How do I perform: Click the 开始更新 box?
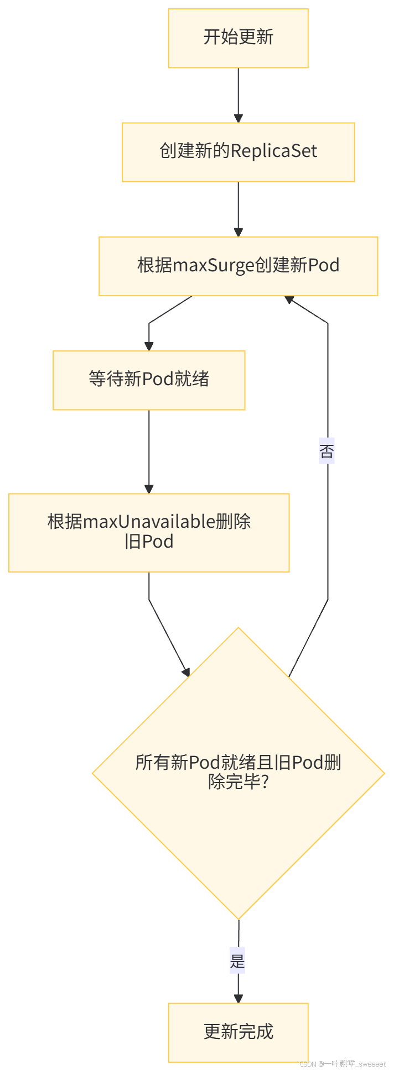tap(238, 38)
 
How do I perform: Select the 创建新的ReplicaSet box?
tap(238, 152)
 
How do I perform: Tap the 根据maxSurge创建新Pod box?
tap(238, 266)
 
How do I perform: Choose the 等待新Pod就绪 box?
tap(149, 380)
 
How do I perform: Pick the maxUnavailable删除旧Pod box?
tap(149, 532)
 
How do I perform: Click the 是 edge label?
tap(237, 962)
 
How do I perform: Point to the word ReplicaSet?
tap(273, 151)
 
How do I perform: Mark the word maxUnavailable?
tap(148, 522)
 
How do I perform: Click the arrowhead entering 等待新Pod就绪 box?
tap(149, 346)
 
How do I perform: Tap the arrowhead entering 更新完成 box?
tap(238, 999)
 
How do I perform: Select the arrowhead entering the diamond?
tap(186, 671)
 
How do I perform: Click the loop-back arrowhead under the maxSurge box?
tap(289, 300)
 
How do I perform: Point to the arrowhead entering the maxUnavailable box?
tap(149, 489)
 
